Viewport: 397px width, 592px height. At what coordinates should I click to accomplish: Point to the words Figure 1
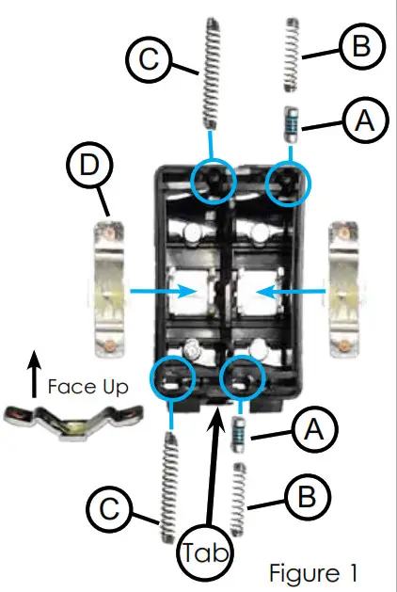coord(312,571)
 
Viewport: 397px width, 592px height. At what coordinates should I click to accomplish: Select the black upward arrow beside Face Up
coord(33,383)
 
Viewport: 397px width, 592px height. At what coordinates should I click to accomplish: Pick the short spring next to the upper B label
coord(293,56)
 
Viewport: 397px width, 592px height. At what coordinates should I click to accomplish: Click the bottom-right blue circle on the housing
coord(242,379)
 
